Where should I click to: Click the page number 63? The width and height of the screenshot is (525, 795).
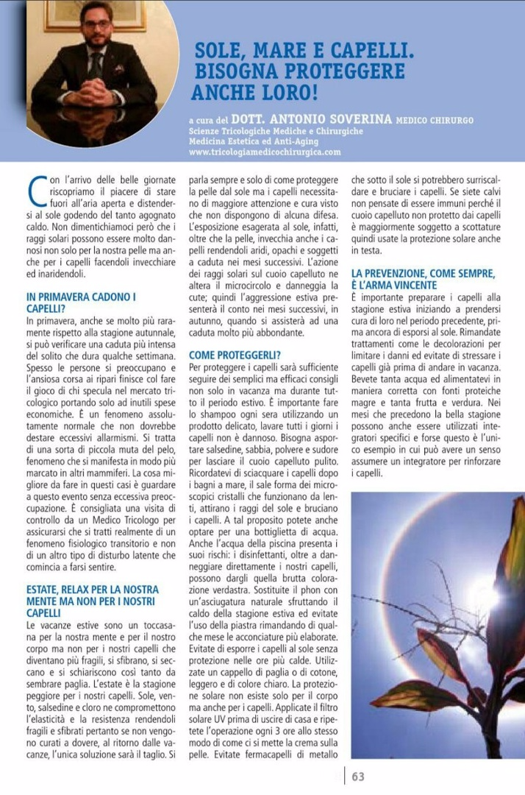tap(358, 776)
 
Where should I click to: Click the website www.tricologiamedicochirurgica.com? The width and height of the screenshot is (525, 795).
tap(265, 152)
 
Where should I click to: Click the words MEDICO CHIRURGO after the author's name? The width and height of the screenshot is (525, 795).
tap(435, 120)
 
